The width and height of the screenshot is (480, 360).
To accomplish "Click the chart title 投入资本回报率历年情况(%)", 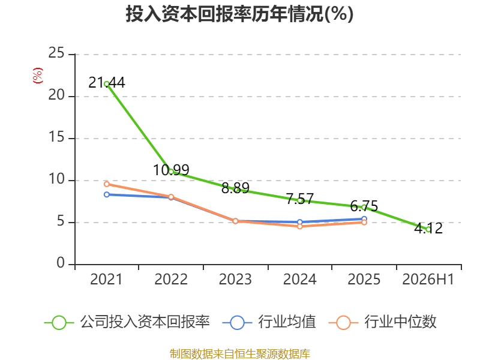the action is click(239, 14).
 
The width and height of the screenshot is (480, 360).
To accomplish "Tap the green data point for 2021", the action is click(107, 84).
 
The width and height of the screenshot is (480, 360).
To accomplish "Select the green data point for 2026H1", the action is click(428, 229).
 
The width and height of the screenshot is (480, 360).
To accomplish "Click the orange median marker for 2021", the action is click(107, 184).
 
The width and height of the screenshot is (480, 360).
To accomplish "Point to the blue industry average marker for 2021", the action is click(107, 194).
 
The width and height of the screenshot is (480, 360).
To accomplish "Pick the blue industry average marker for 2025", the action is click(364, 219).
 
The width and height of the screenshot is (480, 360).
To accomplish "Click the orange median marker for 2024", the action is click(299, 226).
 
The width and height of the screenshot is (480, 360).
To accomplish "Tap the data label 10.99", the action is click(171, 170).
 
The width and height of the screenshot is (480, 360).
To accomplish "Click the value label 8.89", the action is click(235, 188).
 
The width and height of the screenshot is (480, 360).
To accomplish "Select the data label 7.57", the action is click(299, 199).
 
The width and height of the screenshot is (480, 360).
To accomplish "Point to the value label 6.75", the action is click(364, 206).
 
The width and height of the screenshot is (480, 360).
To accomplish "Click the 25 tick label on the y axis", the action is click(56, 53).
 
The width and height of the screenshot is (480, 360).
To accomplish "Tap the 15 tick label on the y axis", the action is click(56, 137).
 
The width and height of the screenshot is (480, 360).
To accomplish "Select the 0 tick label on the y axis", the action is click(61, 263).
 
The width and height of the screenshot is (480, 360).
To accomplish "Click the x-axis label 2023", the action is click(235, 279).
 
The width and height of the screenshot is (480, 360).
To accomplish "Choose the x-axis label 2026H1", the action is click(428, 279).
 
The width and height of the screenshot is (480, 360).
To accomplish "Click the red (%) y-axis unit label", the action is click(38, 76).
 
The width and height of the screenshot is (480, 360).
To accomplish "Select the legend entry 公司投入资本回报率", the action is click(127, 322).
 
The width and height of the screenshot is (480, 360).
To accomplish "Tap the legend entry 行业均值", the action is click(269, 322).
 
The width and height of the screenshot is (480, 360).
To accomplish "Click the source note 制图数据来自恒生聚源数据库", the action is click(239, 354).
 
